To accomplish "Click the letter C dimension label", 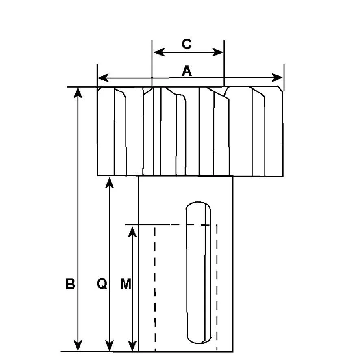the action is click(x=187, y=44).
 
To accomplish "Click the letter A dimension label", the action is click(x=187, y=71).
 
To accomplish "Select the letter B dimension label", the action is click(x=70, y=284).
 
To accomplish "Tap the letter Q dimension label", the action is click(x=102, y=284).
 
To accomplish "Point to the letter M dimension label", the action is click(x=126, y=284).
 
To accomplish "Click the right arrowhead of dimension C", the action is click(x=217, y=52).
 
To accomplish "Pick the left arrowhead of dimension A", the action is click(x=103, y=78).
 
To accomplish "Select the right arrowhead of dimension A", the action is click(x=277, y=78).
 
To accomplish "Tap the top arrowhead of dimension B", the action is click(x=78, y=93).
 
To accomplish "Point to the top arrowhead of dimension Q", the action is click(x=109, y=183).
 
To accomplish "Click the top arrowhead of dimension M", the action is click(x=132, y=231).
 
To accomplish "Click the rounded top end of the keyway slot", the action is click(x=198, y=203).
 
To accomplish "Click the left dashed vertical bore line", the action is click(x=155, y=289).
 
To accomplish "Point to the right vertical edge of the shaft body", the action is click(x=233, y=263).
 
